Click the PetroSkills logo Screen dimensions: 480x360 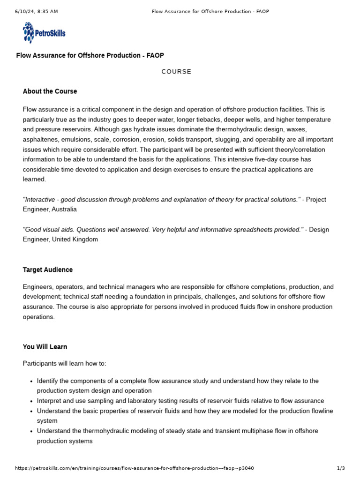pos(44,33)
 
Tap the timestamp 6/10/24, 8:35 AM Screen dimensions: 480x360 pos(36,11)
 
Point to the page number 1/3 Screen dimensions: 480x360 pos(341,468)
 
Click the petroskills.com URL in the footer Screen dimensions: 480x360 pos(135,468)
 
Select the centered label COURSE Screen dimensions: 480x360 pos(176,72)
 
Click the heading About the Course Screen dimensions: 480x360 pos(50,91)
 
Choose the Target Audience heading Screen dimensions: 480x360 pos(48,270)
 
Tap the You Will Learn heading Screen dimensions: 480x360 pos(45,347)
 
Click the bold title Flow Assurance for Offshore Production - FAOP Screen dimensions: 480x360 pos(90,55)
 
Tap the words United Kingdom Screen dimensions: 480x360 pos(75,240)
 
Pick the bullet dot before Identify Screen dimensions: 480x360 pos(30,381)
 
